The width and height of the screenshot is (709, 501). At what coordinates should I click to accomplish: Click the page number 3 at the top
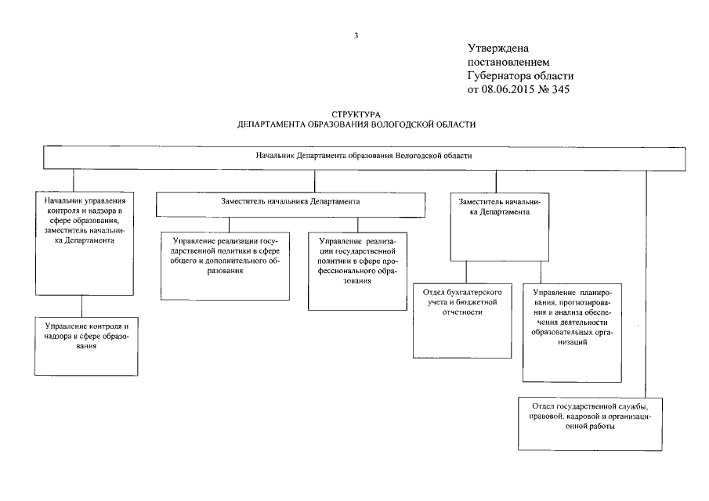(x=356, y=35)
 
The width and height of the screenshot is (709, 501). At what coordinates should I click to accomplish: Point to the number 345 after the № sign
(x=561, y=89)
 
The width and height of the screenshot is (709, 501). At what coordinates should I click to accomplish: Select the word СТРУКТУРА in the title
(x=356, y=115)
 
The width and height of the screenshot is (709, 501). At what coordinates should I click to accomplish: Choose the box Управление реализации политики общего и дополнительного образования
(x=226, y=266)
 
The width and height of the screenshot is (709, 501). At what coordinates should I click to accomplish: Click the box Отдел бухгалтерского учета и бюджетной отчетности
(x=462, y=319)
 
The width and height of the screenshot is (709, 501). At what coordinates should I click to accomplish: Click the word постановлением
(x=508, y=62)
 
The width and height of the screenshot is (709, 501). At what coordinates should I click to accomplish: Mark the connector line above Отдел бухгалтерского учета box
(x=467, y=271)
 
